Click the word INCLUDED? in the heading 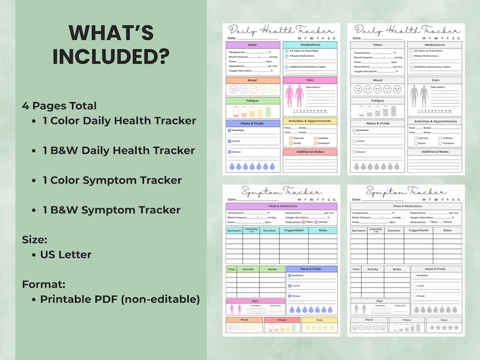(111, 55)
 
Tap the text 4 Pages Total (59, 105)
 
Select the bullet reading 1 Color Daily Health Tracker (119, 120)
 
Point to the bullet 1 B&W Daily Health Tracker (118, 150)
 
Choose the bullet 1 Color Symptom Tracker (112, 180)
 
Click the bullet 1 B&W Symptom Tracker (111, 210)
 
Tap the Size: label (35, 239)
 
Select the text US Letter (66, 254)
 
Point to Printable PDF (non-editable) (120, 299)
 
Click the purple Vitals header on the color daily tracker (253, 45)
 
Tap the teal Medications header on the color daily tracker (310, 45)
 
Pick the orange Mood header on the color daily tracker (253, 80)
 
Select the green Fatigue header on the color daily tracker (253, 101)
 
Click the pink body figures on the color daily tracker (294, 95)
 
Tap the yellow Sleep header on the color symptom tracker (320, 320)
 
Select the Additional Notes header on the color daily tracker (310, 152)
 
